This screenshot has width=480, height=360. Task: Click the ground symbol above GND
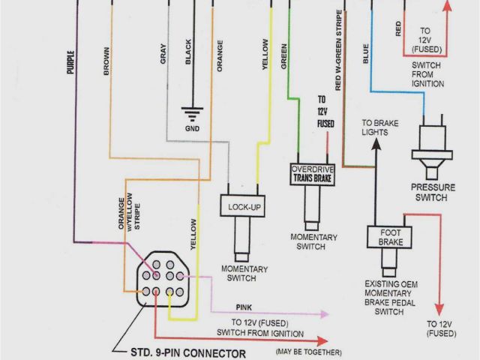(193, 114)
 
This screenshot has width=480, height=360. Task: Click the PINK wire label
(244, 307)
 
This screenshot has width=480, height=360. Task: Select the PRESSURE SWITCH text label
(430, 192)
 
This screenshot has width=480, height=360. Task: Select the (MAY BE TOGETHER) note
(308, 352)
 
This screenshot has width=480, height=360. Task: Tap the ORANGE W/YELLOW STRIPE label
(124, 217)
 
